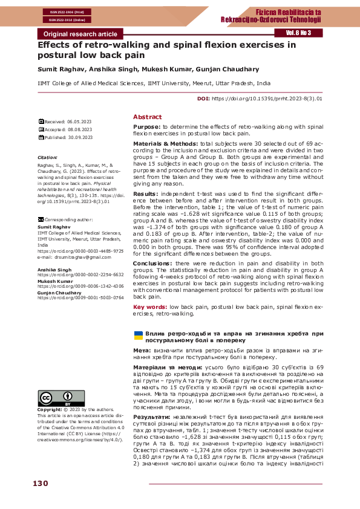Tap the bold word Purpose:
pyautogui.click(x=147, y=127)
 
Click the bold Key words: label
pyautogui.click(x=150, y=307)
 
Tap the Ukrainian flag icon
pyautogui.click(x=137, y=334)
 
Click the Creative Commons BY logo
pyautogui.click(x=54, y=399)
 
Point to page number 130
pyautogui.click(x=40, y=484)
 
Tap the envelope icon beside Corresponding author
pyautogui.click(x=41, y=221)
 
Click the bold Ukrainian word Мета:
pyautogui.click(x=142, y=351)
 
